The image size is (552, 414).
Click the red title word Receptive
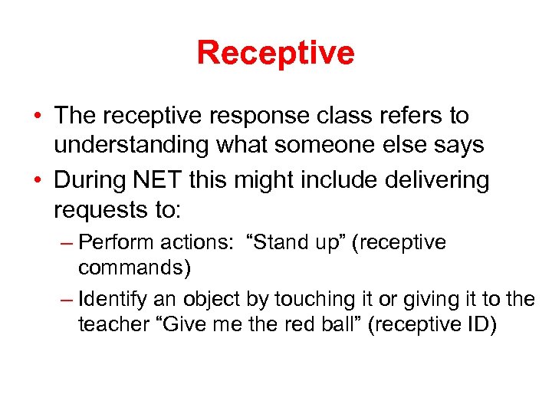[275, 53]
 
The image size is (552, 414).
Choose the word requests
[100, 208]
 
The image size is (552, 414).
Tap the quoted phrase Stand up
[291, 243]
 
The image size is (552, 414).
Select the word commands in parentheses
[133, 268]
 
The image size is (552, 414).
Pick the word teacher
[107, 324]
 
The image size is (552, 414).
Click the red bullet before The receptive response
[38, 117]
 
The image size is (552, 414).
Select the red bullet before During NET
[38, 181]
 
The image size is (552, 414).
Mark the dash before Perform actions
[67, 244]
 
